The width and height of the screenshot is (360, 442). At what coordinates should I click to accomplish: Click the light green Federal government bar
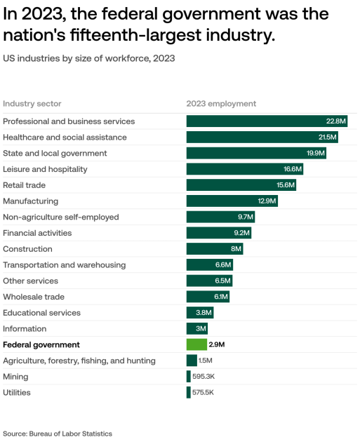tap(196, 344)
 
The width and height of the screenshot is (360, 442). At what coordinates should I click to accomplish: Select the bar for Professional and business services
tap(267, 121)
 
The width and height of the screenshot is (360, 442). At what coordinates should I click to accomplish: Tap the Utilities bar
tap(188, 392)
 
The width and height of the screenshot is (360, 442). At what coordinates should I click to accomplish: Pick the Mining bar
tap(188, 377)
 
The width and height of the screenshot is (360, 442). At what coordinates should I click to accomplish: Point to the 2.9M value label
tap(216, 344)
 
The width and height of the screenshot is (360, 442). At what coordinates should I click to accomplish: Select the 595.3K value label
tap(203, 377)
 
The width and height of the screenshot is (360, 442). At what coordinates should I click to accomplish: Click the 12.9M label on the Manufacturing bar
tap(267, 201)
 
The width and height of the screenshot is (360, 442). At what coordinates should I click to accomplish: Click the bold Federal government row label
tap(41, 344)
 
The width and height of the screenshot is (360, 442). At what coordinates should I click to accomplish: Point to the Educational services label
tap(41, 313)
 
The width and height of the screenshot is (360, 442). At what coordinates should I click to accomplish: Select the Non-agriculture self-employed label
tap(61, 217)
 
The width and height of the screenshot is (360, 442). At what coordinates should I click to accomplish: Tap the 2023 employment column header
tap(221, 104)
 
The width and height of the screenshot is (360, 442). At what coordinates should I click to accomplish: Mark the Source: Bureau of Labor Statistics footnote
tap(58, 434)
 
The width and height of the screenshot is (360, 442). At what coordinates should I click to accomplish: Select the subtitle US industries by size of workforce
tap(88, 58)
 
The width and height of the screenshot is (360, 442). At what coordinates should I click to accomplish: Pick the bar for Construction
tap(214, 249)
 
